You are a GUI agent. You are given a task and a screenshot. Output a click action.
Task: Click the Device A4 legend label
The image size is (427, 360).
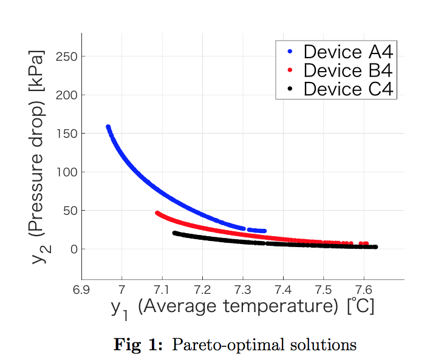pos(348,51)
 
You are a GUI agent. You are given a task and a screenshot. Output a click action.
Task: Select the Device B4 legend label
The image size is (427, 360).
pos(348,70)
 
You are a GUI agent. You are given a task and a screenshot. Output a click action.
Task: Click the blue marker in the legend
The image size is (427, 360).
pos(290,52)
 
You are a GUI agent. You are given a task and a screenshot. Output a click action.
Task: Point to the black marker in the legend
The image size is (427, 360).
pos(290,89)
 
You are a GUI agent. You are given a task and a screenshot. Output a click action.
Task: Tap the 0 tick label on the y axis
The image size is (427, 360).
pos(72,249)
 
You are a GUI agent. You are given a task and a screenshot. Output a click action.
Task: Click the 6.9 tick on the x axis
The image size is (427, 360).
pos(81,288)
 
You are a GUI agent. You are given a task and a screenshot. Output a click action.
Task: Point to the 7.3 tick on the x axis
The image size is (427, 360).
pos(242,288)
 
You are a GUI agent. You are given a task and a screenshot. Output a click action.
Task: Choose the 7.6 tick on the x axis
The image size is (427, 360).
pos(363,288)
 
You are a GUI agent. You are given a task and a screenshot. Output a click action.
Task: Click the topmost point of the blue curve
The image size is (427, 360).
pos(108,127)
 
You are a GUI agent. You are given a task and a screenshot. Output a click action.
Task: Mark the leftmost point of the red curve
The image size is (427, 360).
pos(157,213)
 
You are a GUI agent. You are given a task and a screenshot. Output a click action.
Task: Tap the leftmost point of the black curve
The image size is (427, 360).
pos(175,233)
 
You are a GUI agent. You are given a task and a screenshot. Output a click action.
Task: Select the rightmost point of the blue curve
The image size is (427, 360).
pos(264,231)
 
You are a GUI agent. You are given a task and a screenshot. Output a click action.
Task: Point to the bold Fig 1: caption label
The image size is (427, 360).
pos(138,345)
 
